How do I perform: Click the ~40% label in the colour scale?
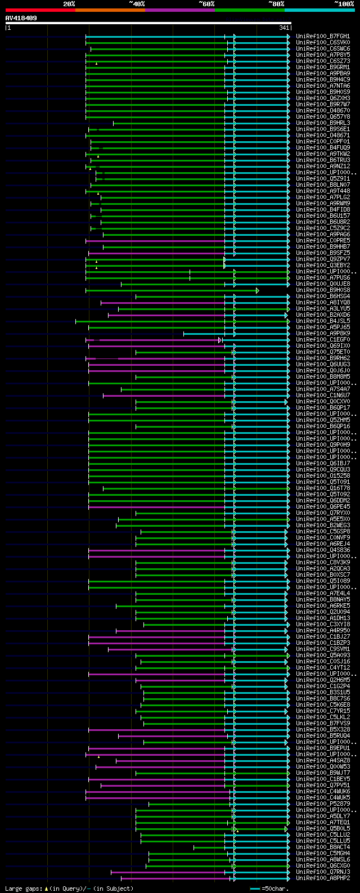point(137,3)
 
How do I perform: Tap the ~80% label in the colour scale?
point(276,3)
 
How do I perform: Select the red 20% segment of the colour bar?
point(40,10)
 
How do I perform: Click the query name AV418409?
point(21,18)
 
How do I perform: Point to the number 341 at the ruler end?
point(283,28)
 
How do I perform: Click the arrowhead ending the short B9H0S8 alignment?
point(258,290)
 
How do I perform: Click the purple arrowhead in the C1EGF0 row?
point(220,340)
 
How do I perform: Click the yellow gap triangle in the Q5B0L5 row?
point(237,831)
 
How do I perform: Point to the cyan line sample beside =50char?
point(255,888)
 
